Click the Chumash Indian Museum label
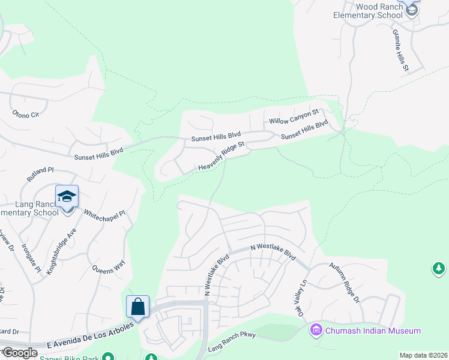click(373, 331)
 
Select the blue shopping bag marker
click(138, 307)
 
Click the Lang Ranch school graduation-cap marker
click(67, 196)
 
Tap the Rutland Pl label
click(40, 175)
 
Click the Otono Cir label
click(26, 113)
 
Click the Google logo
click(20, 352)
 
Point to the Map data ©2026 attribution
click(423, 355)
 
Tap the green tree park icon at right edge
click(439, 268)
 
